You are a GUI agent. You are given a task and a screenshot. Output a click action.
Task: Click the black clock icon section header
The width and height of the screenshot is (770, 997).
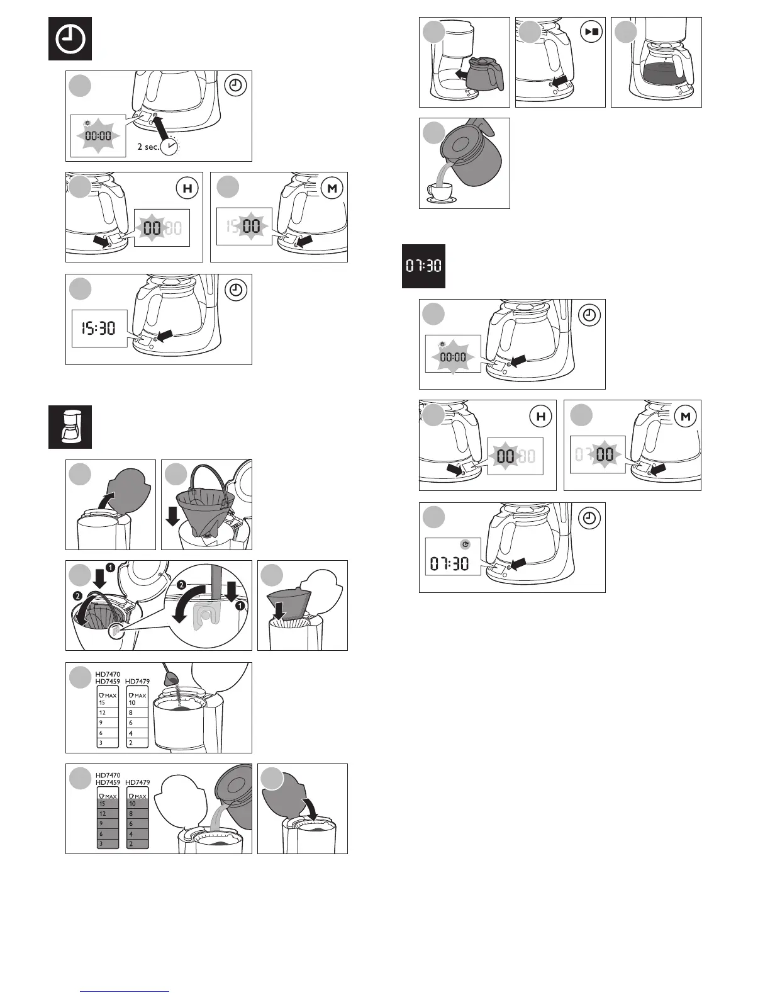[x=70, y=39]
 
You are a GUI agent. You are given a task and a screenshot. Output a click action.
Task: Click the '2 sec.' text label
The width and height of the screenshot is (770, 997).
[x=147, y=147]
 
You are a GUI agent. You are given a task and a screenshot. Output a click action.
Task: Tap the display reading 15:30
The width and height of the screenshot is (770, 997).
[x=99, y=328]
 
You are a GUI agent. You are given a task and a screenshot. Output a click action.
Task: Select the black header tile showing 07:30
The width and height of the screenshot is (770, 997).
[x=423, y=266]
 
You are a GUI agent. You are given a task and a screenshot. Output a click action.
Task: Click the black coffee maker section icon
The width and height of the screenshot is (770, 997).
[x=70, y=427]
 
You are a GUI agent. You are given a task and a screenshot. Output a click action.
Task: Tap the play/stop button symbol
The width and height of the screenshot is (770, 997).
[x=591, y=31]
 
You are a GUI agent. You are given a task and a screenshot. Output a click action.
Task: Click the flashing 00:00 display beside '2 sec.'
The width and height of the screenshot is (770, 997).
[x=98, y=136]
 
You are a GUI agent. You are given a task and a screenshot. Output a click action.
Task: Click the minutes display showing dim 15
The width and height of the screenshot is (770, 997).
[x=245, y=225]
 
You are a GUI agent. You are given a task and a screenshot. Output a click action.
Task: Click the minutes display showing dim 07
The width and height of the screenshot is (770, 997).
[x=598, y=453]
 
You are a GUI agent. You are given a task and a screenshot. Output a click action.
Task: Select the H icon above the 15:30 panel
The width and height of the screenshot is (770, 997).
[x=187, y=188]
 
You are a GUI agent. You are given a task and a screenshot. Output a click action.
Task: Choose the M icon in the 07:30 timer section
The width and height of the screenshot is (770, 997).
[x=685, y=416]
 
